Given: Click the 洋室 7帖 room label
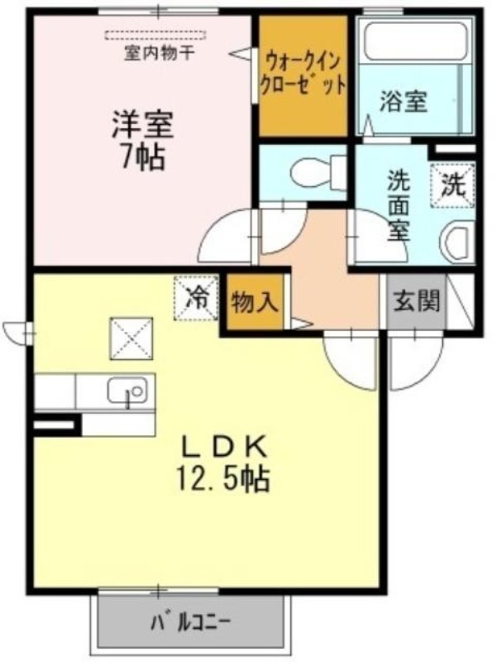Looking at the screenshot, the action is tap(142, 141).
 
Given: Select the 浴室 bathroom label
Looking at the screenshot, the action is tap(403, 102).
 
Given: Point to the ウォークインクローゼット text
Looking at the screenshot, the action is tap(303, 74).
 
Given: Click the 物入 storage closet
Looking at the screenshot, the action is tap(255, 303).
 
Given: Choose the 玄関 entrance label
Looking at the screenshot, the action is tap(417, 301).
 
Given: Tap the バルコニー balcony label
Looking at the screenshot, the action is tap(191, 622).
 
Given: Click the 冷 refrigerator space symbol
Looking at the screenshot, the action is tap(197, 298).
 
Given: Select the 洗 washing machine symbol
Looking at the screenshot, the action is tap(453, 185).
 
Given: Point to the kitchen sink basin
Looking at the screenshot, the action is tap(127, 391).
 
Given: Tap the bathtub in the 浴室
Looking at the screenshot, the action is tap(415, 41).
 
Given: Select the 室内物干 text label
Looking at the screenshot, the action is tap(159, 54).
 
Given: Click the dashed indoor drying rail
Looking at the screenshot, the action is tap(155, 35).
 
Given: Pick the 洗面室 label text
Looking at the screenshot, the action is tap(398, 205).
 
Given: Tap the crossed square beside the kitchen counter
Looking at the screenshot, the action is tap(131, 338).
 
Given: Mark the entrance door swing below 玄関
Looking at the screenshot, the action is tap(416, 359).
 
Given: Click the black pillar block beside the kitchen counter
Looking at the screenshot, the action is tap(57, 425).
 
